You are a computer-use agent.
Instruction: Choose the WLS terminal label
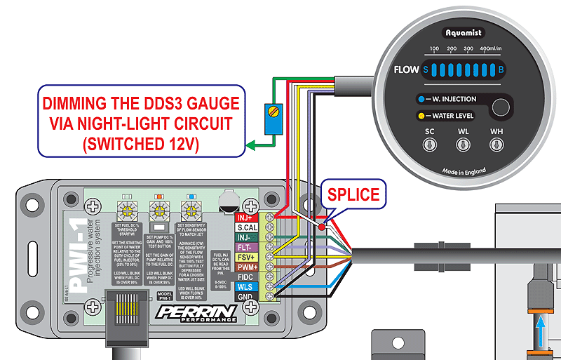[x=245, y=286]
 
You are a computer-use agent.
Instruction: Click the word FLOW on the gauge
[x=405, y=69]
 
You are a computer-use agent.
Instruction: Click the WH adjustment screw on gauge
[x=497, y=145]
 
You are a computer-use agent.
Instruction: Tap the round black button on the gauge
[x=501, y=107]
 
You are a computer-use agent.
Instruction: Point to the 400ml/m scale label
[x=494, y=49]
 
